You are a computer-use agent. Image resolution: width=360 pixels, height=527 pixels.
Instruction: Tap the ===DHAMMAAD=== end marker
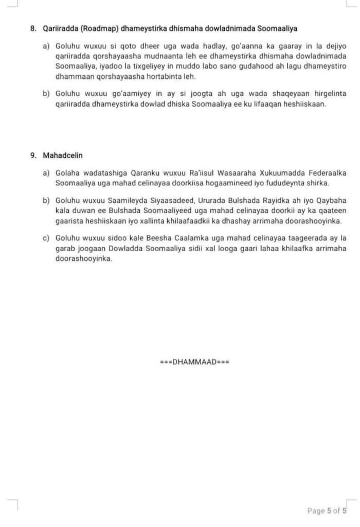(x=194, y=361)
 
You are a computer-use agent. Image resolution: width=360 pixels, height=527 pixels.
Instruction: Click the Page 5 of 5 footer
(x=327, y=511)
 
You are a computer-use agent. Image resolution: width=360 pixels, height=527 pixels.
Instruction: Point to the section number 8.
(x=33, y=28)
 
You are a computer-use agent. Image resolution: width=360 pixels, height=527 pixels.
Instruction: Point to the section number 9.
(x=33, y=155)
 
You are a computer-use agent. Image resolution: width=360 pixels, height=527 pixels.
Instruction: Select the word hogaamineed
(x=243, y=183)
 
